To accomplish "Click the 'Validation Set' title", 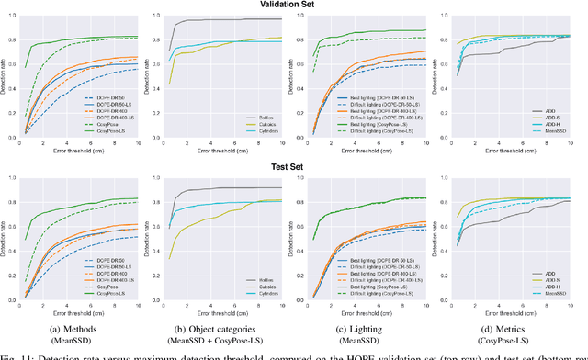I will tap(293, 6).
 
